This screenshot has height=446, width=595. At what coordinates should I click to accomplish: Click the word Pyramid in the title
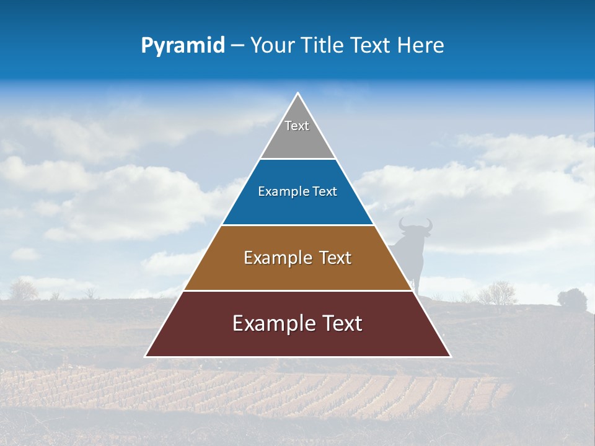point(182,46)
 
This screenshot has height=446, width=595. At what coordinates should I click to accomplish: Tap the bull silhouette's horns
point(415,224)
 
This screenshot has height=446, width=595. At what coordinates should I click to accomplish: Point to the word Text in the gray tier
point(297,126)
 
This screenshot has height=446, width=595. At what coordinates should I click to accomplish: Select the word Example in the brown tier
point(278,258)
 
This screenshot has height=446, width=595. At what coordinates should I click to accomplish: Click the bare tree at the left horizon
point(24,289)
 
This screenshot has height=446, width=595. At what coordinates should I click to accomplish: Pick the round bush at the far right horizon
point(572,299)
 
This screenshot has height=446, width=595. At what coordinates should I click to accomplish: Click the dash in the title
point(237,46)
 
